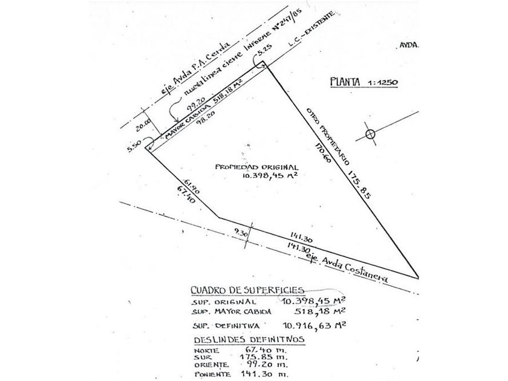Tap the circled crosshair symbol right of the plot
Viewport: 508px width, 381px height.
370,134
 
